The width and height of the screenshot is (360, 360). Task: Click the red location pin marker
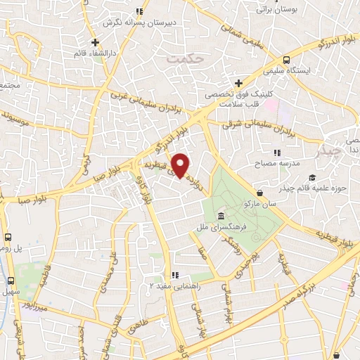[181, 165]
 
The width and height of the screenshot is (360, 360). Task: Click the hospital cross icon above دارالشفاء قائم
[94, 42]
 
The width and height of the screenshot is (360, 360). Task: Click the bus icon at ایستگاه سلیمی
[286, 60]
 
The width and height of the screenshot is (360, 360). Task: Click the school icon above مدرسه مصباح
[276, 152]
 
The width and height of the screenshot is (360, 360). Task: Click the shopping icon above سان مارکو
[261, 191]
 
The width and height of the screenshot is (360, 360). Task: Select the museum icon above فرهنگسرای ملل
[222, 216]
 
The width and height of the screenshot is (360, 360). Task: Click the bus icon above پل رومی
[8, 238]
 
